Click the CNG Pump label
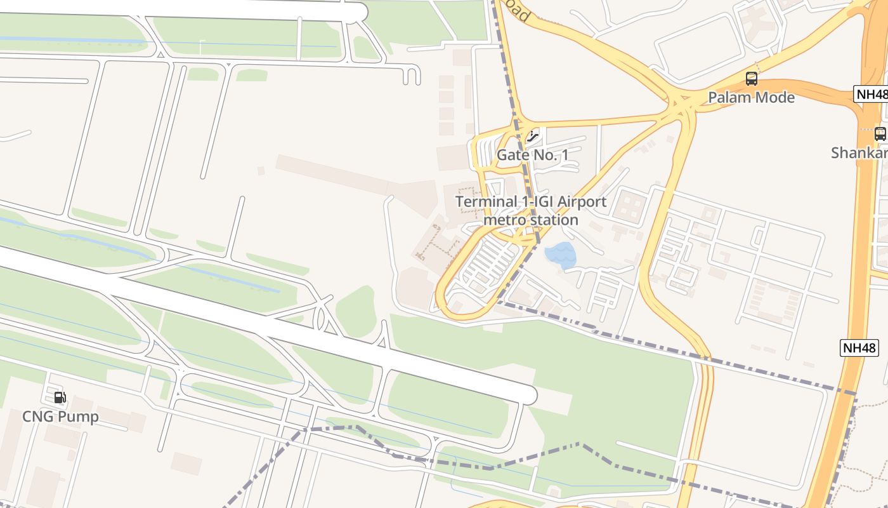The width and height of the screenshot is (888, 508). point(60,417)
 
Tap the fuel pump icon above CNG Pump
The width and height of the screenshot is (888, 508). point(60,398)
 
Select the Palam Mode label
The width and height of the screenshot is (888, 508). point(751,97)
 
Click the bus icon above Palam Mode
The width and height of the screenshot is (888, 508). point(752,79)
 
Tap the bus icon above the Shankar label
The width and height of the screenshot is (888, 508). point(880,134)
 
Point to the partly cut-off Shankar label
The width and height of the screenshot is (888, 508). point(860,153)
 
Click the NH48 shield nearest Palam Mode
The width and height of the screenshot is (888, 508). point(872,94)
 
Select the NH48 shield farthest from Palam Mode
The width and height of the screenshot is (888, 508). point(859,347)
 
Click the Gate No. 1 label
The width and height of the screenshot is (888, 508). point(533,155)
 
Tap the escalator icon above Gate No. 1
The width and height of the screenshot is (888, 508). point(533,135)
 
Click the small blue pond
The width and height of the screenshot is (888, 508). point(560,255)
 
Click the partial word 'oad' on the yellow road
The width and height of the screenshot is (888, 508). point(516,11)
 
